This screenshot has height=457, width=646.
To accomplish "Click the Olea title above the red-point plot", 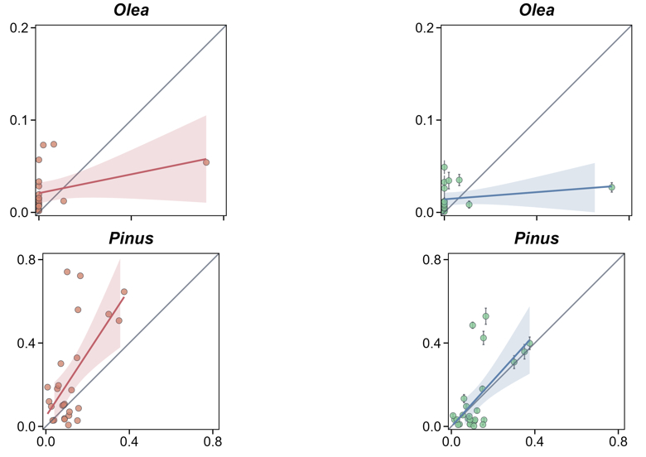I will pyautogui.click(x=131, y=10).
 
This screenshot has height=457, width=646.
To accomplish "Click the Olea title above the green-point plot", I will pyautogui.click(x=536, y=10).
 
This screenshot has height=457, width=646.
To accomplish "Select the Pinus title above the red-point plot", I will pyautogui.click(x=131, y=239).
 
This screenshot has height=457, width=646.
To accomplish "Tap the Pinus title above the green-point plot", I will pyautogui.click(x=536, y=239).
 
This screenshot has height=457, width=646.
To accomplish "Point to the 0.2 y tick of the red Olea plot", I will pyautogui.click(x=20, y=28).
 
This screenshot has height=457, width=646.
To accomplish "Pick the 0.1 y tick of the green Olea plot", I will pyautogui.click(x=426, y=120).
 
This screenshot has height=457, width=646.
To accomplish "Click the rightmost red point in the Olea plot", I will pyautogui.click(x=206, y=162).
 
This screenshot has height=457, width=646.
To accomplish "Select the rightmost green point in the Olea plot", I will pyautogui.click(x=611, y=187).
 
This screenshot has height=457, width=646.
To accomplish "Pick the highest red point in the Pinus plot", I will pyautogui.click(x=67, y=272).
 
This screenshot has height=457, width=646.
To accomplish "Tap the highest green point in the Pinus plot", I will pyautogui.click(x=486, y=316).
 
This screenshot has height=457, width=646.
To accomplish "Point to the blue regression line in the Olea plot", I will pyautogui.click(x=530, y=191).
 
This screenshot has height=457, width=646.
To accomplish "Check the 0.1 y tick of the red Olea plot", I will pyautogui.click(x=20, y=120).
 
